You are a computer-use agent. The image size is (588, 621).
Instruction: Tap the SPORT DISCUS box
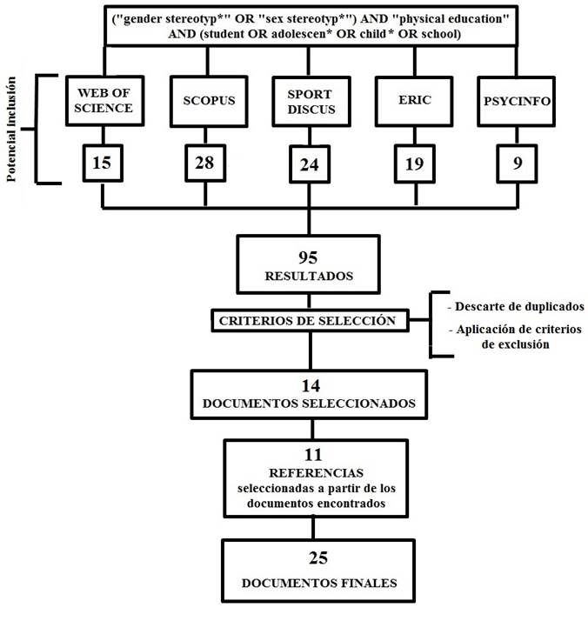click(x=311, y=101)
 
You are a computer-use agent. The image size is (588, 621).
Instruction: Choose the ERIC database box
click(x=411, y=100)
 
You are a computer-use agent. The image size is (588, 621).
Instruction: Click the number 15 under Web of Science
click(x=104, y=162)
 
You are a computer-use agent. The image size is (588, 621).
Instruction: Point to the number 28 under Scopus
click(x=207, y=162)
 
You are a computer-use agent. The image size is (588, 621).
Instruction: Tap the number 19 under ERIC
click(x=411, y=163)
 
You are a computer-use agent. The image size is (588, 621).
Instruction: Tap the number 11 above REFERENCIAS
click(x=314, y=455)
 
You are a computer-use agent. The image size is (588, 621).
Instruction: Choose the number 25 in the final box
click(x=314, y=557)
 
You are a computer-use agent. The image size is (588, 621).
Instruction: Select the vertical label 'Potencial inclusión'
click(x=12, y=129)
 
